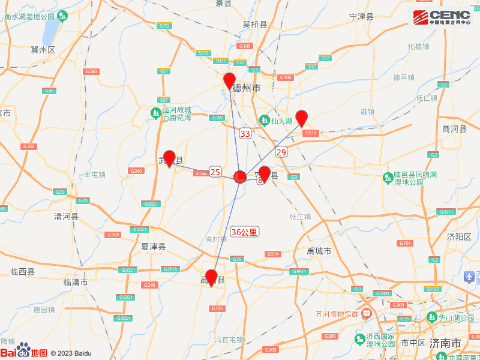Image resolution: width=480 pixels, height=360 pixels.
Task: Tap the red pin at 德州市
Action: [x=229, y=80]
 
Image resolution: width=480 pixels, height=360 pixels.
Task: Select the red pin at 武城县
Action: [x=169, y=158]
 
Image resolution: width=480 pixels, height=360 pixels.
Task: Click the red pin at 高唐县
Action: [x=211, y=277]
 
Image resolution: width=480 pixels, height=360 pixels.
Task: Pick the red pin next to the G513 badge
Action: [x=302, y=118]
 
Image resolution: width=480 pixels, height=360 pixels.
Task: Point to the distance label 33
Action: [x=245, y=133]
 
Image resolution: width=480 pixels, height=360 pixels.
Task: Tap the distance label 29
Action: [x=281, y=152]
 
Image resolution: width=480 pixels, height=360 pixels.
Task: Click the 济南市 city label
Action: [x=445, y=343]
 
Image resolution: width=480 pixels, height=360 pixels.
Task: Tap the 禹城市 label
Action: [x=319, y=251]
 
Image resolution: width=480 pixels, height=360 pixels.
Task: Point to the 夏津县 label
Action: [x=153, y=247]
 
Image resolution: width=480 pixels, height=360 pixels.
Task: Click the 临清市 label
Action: [x=76, y=281]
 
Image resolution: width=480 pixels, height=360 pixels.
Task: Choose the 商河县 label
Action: [x=454, y=128]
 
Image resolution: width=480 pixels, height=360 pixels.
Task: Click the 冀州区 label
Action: [x=43, y=50]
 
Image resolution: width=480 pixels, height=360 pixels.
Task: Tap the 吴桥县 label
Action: [x=254, y=25]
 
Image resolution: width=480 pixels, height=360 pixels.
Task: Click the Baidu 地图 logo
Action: [x=23, y=352]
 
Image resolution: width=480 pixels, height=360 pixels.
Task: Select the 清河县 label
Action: [x=66, y=216]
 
